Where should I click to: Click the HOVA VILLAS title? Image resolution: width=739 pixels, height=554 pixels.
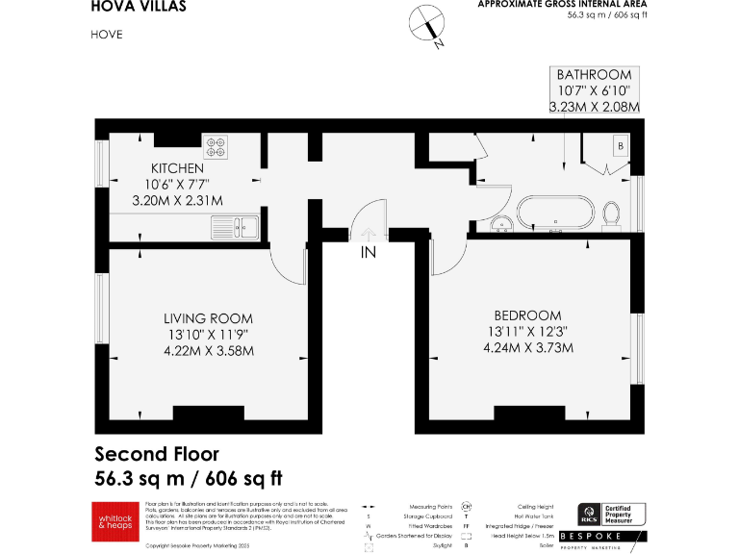(139, 7)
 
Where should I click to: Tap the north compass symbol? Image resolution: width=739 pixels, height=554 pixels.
(422, 26)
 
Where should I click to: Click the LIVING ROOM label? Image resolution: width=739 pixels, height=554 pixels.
(208, 318)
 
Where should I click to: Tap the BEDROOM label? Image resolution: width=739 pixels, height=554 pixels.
(527, 315)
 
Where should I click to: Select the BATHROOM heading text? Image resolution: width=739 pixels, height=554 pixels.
(594, 74)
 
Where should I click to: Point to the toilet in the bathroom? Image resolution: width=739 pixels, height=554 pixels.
(612, 214)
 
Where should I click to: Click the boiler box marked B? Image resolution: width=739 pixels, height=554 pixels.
(621, 146)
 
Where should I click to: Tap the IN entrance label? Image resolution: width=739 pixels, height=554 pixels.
(368, 254)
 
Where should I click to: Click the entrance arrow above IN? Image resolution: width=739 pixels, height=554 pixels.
(368, 233)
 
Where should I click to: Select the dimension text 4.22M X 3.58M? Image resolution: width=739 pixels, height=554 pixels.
(208, 351)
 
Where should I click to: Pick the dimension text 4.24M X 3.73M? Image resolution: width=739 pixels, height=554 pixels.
(527, 347)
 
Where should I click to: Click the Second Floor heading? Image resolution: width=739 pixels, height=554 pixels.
(157, 454)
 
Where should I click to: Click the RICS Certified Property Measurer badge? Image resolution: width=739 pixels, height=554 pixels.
(611, 515)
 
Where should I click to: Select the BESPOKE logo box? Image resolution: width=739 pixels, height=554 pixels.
(611, 537)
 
